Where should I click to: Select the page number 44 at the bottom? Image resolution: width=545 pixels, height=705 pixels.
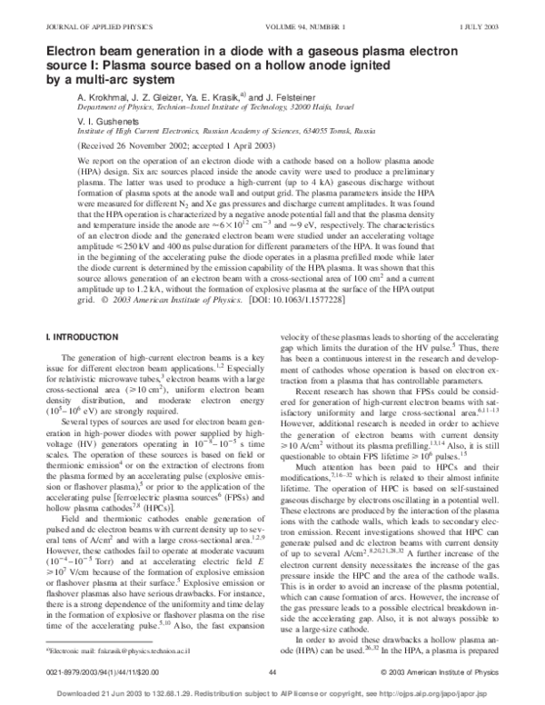point(272,671)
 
